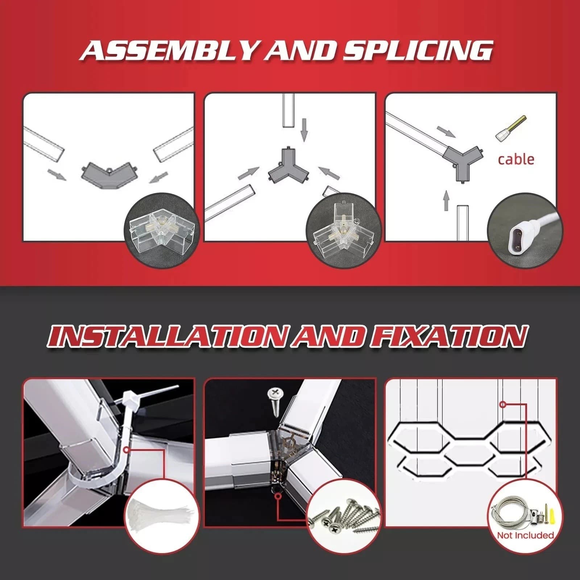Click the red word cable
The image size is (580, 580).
pos(516,159)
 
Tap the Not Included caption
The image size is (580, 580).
pos(525,535)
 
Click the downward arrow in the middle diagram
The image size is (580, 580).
pos(304,130)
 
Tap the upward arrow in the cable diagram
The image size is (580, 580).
pos(446,200)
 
